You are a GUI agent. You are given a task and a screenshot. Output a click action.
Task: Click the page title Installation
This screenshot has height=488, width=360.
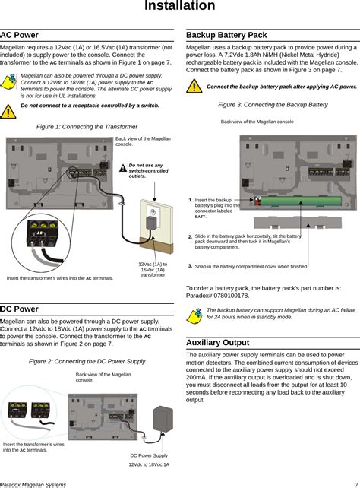pos(180,6)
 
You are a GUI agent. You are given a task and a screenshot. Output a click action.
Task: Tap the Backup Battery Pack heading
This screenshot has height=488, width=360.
pos(226,35)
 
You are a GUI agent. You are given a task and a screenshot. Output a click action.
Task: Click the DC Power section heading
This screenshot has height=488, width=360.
pos(20,309)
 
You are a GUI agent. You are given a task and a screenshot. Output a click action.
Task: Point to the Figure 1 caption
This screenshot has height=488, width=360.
pos(87,126)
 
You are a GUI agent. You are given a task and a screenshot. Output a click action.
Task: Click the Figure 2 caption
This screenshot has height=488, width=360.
pos(87,360)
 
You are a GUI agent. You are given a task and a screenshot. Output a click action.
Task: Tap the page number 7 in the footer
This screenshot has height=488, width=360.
pos(356,483)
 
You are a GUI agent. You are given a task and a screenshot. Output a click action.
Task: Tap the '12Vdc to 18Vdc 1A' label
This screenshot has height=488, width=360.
pos(149,464)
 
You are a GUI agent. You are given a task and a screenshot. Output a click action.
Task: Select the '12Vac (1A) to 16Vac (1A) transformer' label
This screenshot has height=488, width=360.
pos(152,269)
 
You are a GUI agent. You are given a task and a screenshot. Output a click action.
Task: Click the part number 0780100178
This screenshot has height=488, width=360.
pos(241,296)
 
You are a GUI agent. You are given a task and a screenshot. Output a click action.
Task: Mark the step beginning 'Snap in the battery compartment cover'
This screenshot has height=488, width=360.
pos(251,267)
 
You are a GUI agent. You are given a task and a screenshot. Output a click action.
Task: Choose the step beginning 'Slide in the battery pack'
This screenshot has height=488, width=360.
pos(248,242)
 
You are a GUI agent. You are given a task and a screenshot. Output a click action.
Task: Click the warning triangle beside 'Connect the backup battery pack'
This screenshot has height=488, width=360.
pos(195,87)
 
